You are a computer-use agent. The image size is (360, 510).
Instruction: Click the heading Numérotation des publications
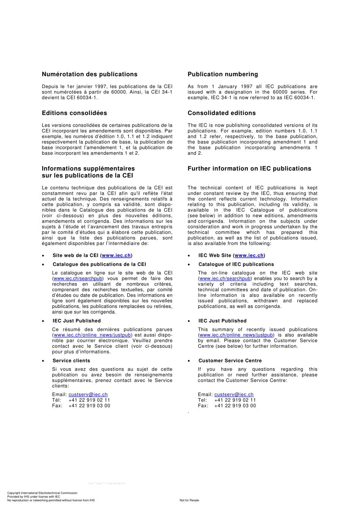click(x=89, y=74)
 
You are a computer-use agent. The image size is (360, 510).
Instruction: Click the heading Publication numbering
click(x=222, y=74)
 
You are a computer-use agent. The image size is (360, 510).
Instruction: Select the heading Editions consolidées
click(x=74, y=113)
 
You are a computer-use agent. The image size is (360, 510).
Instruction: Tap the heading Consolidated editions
click(x=221, y=113)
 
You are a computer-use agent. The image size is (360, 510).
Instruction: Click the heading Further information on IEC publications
click(x=249, y=169)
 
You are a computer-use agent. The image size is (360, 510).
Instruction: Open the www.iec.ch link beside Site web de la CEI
click(x=116, y=256)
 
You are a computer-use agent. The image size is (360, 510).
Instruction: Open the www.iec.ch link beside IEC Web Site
click(x=249, y=256)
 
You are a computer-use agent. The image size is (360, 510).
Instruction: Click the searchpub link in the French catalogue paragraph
click(x=78, y=279)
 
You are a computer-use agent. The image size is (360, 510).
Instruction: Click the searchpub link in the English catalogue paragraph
click(x=225, y=279)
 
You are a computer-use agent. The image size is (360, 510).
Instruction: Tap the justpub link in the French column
click(x=92, y=335)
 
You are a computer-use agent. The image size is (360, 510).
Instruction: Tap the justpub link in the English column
click(x=236, y=335)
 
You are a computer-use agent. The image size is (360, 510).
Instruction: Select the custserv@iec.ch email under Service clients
click(x=88, y=395)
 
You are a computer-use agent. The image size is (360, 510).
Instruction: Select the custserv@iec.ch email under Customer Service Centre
click(x=234, y=395)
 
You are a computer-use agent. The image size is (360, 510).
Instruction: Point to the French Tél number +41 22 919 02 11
click(x=89, y=400)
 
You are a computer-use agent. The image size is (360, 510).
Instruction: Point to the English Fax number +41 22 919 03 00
click(x=235, y=406)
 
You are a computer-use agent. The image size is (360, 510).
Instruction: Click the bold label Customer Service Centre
click(x=230, y=361)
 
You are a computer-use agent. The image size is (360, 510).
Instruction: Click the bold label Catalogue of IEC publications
click(x=236, y=265)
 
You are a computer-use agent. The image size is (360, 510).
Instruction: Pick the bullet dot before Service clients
click(x=43, y=361)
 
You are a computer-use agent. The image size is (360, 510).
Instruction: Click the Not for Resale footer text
click(x=189, y=501)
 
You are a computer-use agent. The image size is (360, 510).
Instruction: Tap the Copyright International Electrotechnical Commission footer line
click(x=42, y=493)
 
